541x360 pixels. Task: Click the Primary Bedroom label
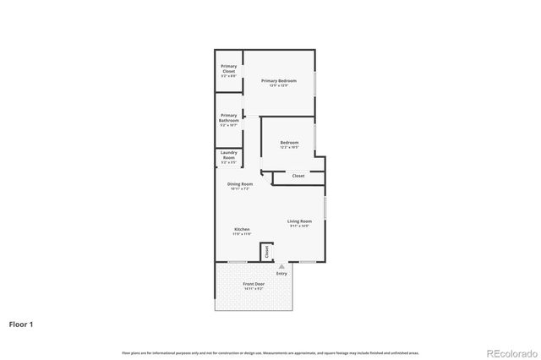pyautogui.click(x=278, y=80)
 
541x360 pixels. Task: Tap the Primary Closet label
pyautogui.click(x=228, y=68)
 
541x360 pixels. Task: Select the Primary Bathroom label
pyautogui.click(x=228, y=117)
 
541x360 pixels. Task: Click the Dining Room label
pyautogui.click(x=240, y=183)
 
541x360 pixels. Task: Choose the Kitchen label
pyautogui.click(x=242, y=229)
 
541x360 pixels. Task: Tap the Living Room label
pyautogui.click(x=299, y=221)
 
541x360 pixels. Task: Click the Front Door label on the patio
pyautogui.click(x=254, y=284)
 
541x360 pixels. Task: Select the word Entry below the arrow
pyautogui.click(x=281, y=273)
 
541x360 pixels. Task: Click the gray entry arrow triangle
pyautogui.click(x=281, y=265)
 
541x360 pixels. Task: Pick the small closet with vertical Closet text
pyautogui.click(x=266, y=252)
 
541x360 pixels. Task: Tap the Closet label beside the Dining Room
pyautogui.click(x=298, y=176)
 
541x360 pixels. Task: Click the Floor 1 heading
pyautogui.click(x=22, y=324)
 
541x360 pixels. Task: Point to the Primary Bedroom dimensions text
pyautogui.click(x=278, y=85)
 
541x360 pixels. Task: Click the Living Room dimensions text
pyautogui.click(x=299, y=226)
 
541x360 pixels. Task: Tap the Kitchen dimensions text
pyautogui.click(x=242, y=234)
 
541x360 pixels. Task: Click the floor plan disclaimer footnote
pyautogui.click(x=270, y=352)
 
